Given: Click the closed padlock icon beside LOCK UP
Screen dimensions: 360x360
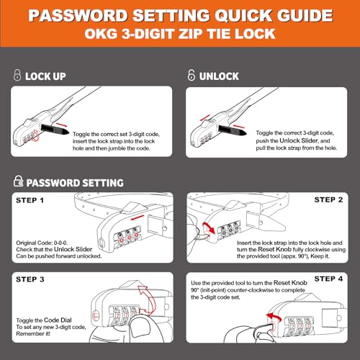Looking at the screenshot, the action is coord(17,75).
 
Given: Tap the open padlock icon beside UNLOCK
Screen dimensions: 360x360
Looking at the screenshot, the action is coord(192,75).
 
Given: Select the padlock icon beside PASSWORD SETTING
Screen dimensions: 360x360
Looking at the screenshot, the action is coord(19,181).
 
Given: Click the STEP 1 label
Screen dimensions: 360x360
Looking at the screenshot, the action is coord(30,200).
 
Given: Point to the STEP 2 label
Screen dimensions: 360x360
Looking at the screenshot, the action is coord(328,199).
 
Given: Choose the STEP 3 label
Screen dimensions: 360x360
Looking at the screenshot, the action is coord(30,279).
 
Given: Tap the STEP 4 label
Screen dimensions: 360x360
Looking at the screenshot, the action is coord(328,279).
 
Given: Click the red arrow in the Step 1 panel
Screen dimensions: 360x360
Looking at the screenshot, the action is coord(137,217).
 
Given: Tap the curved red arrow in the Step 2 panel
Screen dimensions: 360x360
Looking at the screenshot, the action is coord(208,227).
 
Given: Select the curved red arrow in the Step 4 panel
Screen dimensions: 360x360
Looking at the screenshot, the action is coord(274,318).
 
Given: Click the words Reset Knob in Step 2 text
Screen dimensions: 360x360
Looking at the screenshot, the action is coord(274,249).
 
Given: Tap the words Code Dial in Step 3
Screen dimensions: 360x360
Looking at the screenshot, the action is coord(58,320).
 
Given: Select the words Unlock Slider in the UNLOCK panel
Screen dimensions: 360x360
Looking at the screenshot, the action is coord(299,140).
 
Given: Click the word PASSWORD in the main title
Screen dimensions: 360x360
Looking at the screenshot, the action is coord(78,16).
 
